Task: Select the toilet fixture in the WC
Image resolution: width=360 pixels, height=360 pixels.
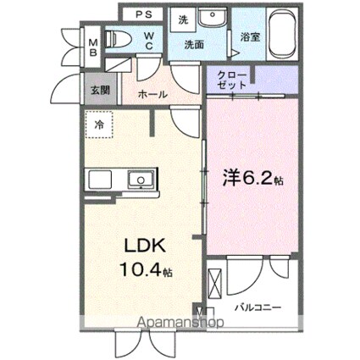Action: pos(117,37)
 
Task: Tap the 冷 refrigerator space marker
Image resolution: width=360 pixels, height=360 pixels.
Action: pos(99,125)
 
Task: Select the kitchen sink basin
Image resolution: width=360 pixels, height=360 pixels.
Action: pos(138,179)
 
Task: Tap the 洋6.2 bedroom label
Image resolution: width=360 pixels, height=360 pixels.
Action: pos(251,179)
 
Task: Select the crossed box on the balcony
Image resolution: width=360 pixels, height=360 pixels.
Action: pos(215,280)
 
